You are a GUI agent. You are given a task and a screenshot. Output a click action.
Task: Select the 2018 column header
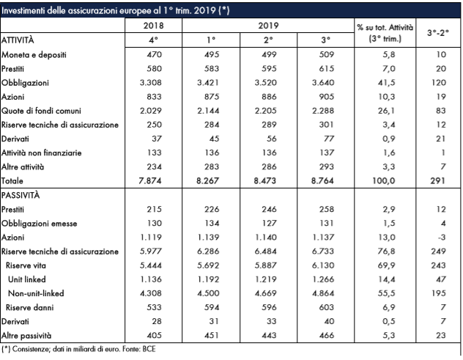[154, 26]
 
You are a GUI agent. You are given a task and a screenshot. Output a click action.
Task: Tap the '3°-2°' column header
[438, 32]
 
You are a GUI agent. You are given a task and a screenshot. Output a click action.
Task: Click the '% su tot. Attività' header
[385, 27]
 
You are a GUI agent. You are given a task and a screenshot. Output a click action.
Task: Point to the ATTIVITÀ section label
[18, 40]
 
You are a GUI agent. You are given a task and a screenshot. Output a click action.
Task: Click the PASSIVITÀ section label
[21, 195]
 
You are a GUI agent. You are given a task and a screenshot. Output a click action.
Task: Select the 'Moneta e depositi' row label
[34, 55]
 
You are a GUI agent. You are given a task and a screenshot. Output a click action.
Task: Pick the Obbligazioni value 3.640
[323, 82]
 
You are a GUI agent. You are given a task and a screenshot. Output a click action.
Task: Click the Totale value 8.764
[322, 180]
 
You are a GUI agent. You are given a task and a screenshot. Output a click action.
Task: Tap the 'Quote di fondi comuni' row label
[41, 111]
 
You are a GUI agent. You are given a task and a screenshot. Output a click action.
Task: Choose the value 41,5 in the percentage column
[387, 82]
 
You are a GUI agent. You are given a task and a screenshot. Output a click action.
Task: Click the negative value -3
[442, 238]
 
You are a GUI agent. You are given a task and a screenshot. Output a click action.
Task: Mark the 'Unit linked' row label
[27, 279]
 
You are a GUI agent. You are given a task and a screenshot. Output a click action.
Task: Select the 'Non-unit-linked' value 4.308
[151, 293]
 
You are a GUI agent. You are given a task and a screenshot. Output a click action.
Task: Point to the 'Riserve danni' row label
[30, 307]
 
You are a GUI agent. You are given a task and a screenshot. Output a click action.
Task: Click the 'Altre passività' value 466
[326, 336]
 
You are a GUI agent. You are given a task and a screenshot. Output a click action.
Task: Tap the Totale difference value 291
[437, 180]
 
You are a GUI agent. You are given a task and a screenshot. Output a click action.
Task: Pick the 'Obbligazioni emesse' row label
[39, 224]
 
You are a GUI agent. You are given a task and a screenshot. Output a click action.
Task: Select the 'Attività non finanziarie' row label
[41, 153]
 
